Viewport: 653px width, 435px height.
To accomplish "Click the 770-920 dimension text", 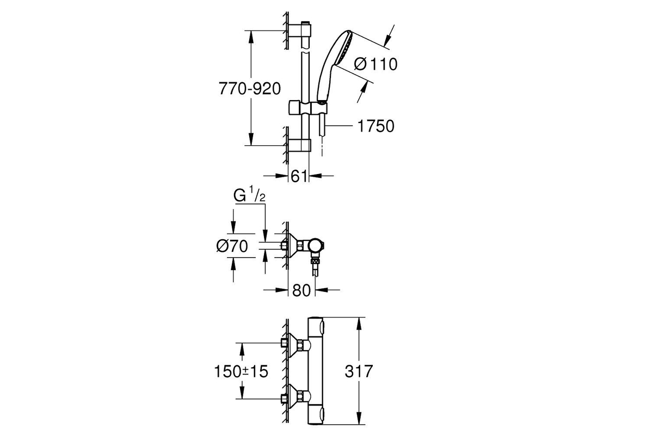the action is pos(250,89).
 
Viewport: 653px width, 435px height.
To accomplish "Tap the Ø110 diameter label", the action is pos(375,64).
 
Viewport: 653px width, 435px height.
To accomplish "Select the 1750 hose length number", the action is pos(376,126).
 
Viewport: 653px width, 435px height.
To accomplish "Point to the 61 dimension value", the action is pos(299,176).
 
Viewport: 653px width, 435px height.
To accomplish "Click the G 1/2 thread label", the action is pos(249,196).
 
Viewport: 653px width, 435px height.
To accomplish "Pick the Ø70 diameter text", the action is pos(232,246).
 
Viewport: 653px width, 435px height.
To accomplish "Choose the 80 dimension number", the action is pos(301,290).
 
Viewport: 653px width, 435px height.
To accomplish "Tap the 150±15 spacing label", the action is pos(241,371).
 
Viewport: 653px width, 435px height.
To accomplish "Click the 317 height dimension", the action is pos(359,371).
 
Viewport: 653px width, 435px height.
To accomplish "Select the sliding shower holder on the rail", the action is pos(308,108).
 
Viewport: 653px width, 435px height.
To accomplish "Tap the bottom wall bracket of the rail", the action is pos(300,145).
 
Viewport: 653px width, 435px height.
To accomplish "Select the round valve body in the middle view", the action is pos(317,246).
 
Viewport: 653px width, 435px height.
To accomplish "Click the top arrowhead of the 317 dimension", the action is pos(360,324).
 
